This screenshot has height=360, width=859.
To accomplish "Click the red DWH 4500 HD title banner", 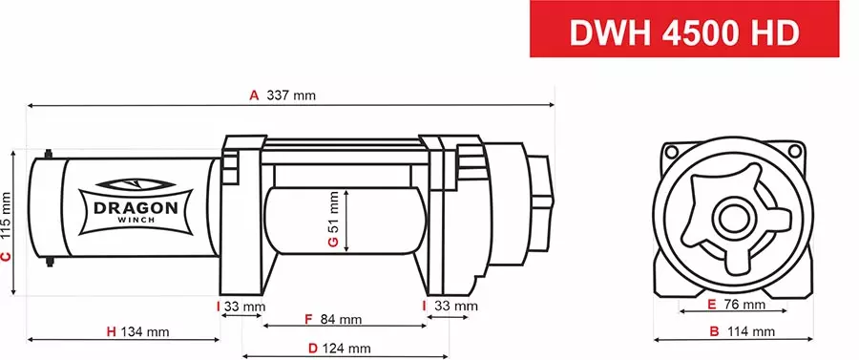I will (x=695, y=31).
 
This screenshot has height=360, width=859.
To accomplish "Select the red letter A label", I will (x=254, y=95).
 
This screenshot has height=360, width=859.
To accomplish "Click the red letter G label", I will (x=332, y=243).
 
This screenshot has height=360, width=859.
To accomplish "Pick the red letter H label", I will (x=111, y=331).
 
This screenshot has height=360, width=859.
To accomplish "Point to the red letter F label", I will (x=308, y=318).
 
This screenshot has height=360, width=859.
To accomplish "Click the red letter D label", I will (x=312, y=349).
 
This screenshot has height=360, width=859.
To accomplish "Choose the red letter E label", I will (x=713, y=306).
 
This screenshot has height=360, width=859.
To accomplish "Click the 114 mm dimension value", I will (x=751, y=331).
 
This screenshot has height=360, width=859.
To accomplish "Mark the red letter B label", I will (x=714, y=331).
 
